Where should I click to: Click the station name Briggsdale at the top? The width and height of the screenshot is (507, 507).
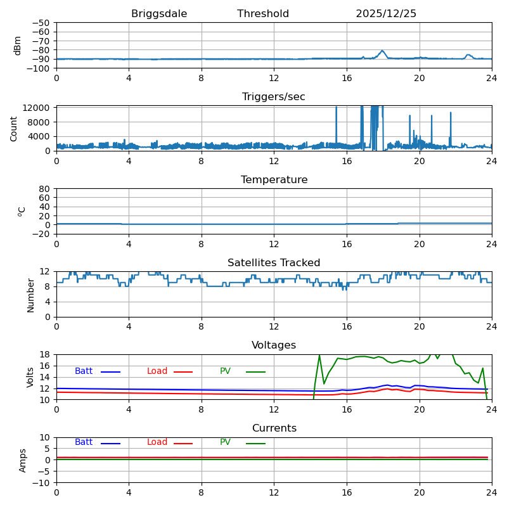coord(159,14)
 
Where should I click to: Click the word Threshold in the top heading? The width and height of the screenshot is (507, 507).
coord(263,14)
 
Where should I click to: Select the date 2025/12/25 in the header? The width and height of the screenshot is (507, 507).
coord(386,14)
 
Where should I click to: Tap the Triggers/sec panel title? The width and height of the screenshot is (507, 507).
coord(274,97)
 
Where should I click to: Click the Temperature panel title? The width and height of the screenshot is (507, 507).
coord(274,180)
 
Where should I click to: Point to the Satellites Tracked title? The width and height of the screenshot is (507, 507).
coord(274,263)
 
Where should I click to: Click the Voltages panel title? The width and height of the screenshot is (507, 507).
coord(274,345)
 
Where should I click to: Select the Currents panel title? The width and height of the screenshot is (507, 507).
coord(274,428)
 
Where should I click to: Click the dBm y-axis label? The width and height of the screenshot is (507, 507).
coord(18,46)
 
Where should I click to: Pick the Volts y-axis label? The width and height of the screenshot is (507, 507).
coord(30,377)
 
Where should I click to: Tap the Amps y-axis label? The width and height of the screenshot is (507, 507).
coord(23,460)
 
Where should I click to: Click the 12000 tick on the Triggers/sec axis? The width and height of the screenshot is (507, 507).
coord(37,108)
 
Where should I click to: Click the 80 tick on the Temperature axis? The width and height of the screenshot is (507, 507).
coord(45,189)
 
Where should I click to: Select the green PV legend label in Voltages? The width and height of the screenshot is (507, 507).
coord(225,371)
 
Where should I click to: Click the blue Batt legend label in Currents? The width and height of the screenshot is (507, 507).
coord(84,442)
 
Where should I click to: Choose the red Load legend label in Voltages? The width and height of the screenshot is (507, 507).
coord(157,371)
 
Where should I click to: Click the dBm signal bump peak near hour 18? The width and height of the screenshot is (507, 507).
coord(382,51)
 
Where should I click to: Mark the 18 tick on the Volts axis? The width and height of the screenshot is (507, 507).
coord(45,355)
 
